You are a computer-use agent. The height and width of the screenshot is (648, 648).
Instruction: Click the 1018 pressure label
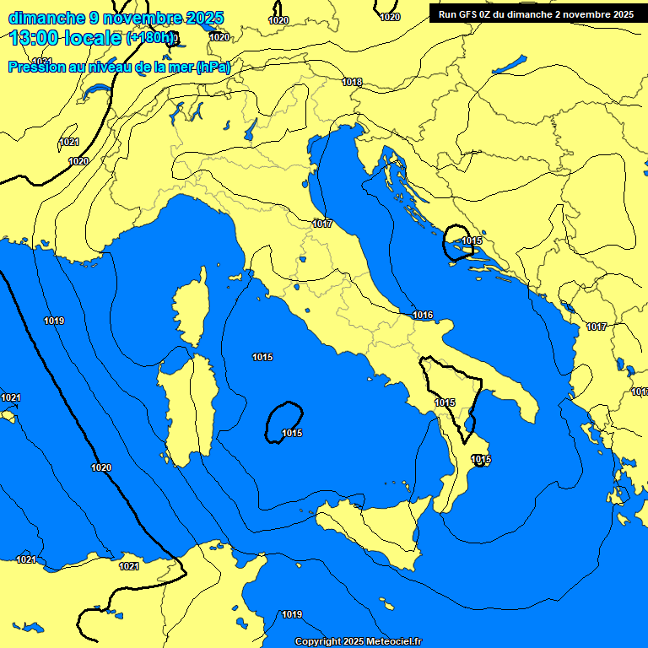coord(353,82)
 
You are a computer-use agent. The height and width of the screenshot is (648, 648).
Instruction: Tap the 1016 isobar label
coord(423,315)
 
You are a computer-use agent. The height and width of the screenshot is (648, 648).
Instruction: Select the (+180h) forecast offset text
coord(151,39)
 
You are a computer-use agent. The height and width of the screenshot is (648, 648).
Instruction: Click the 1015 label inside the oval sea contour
coord(292,433)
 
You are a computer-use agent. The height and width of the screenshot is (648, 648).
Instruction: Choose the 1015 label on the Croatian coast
coord(472,241)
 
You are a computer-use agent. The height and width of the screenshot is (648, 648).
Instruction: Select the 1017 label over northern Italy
coord(321,224)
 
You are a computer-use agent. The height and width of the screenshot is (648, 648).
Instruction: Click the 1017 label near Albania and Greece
coord(597,327)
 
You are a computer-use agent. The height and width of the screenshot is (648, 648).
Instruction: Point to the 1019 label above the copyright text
coord(292,614)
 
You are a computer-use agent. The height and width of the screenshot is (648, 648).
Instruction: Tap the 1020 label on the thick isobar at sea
coord(101,467)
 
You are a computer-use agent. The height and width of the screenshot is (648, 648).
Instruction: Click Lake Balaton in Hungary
coord(509,66)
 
